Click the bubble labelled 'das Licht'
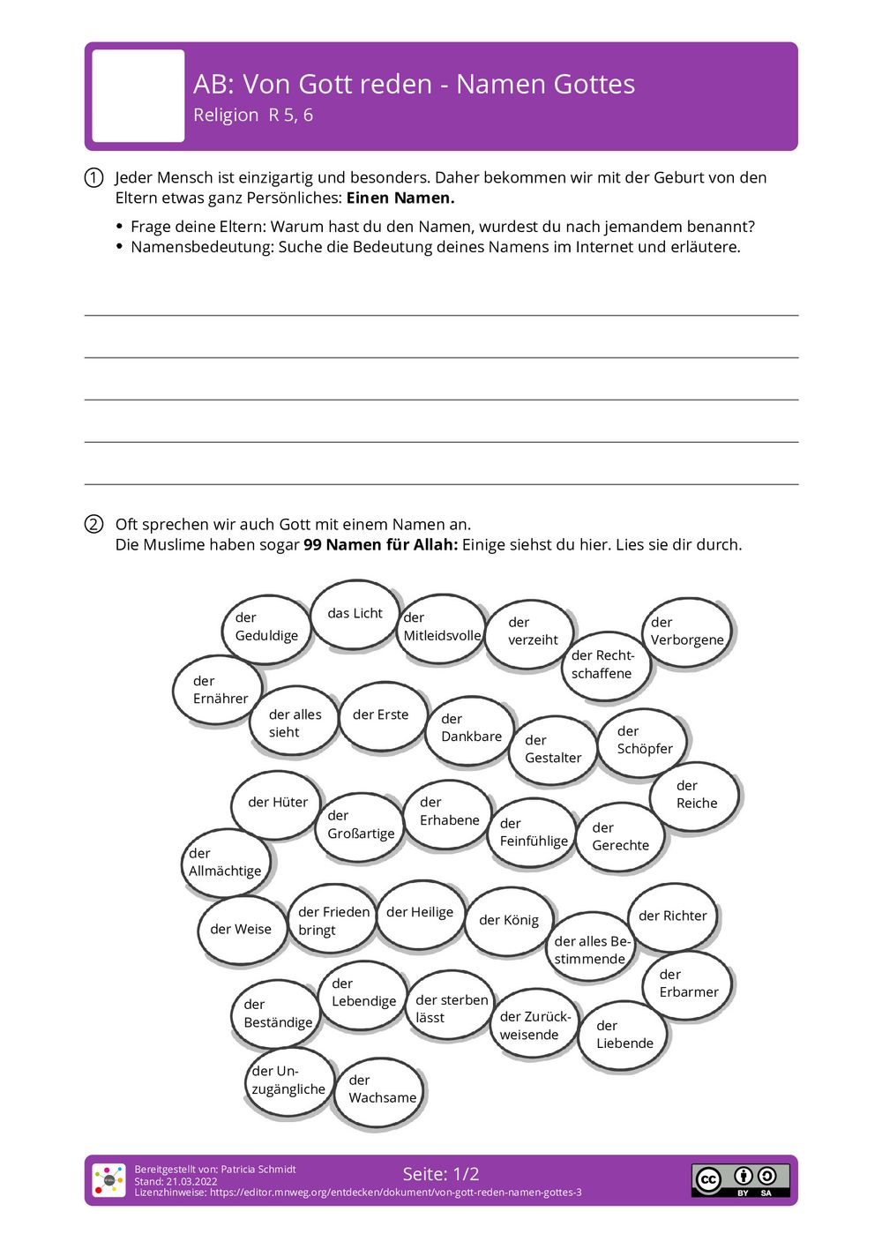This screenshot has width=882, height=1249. tap(355, 614)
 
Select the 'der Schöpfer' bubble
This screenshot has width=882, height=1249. tap(643, 741)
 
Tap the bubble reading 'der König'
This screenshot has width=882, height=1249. tap(509, 921)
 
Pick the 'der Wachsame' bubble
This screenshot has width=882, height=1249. tap(380, 1090)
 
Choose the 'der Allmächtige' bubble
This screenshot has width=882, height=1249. tap(226, 863)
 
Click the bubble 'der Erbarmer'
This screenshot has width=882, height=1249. tap(688, 983)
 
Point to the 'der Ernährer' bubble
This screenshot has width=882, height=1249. tap(219, 690)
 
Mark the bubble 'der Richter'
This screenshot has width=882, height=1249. tap(673, 916)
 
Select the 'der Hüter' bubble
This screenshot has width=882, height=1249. tap(277, 803)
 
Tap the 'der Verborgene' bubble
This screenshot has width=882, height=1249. tap(687, 632)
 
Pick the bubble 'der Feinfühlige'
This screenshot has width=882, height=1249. tap(533, 833)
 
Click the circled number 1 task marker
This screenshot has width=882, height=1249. tap(93, 178)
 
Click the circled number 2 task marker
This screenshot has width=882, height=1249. tap(93, 525)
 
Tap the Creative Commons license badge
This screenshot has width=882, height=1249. tap(740, 1180)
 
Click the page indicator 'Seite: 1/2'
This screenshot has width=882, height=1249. tap(441, 1174)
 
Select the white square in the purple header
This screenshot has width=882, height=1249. tap(138, 96)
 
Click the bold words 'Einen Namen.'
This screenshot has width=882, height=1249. tap(400, 198)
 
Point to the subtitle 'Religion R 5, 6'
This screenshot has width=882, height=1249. tap(253, 116)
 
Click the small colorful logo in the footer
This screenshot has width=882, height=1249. tap(109, 1180)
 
